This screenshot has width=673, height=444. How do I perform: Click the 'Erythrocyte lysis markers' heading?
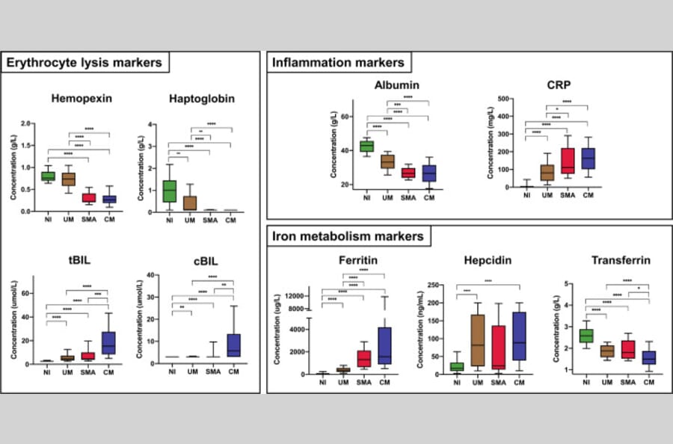pos(84,63)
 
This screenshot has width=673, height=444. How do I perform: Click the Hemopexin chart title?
pos(77,98)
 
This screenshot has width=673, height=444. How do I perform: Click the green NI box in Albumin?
pos(366,146)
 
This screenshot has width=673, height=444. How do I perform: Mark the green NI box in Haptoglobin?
pos(170,191)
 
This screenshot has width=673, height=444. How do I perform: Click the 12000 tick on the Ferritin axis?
pos(298,297)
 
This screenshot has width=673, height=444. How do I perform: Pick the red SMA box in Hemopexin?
pos(88,198)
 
